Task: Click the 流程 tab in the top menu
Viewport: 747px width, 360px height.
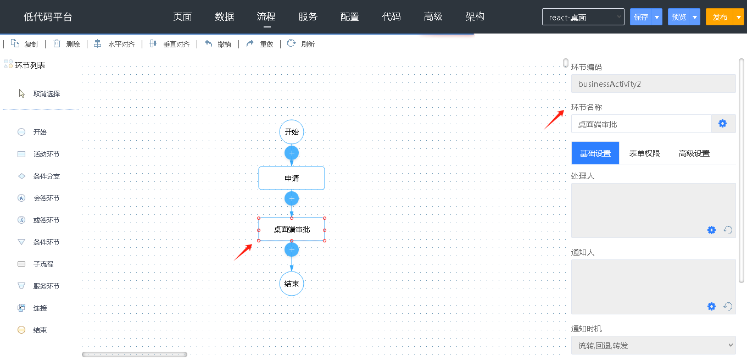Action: click(266, 16)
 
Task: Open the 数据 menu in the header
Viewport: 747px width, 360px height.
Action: click(224, 16)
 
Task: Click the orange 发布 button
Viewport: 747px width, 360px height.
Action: click(720, 17)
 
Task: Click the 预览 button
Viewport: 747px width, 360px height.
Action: click(678, 17)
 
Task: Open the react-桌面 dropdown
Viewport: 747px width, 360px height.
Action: click(583, 17)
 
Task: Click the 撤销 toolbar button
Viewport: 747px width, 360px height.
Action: click(218, 44)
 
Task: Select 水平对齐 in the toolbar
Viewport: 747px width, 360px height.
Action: click(114, 44)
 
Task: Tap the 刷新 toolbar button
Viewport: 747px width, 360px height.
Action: click(301, 44)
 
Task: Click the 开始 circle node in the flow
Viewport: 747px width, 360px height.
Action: click(292, 132)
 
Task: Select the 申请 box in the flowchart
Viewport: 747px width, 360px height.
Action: click(292, 178)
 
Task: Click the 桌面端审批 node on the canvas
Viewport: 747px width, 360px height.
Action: click(292, 230)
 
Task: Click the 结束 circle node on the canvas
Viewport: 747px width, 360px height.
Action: click(292, 284)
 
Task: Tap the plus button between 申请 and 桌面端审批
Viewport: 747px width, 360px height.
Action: click(292, 199)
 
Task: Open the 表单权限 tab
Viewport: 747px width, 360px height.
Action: click(644, 153)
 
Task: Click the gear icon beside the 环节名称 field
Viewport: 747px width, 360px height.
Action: click(722, 124)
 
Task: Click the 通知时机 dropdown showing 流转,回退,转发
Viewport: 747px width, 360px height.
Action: click(653, 345)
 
